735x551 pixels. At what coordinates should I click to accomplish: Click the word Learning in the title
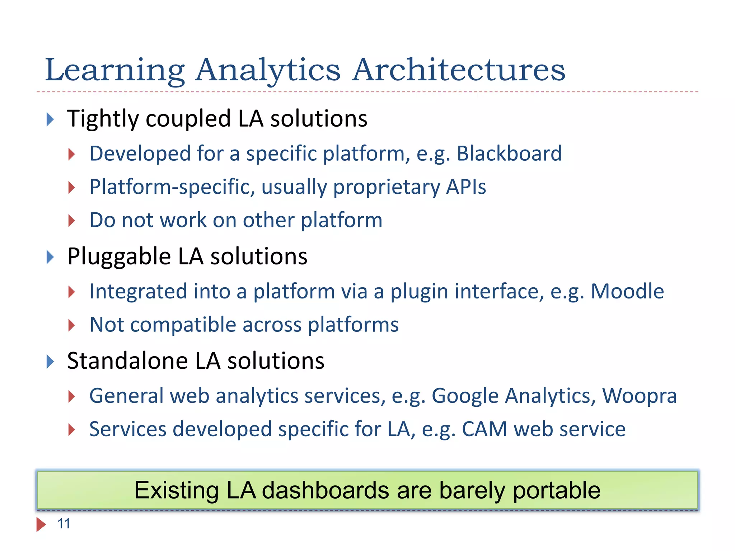pos(115,70)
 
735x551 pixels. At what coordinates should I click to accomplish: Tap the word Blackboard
pos(509,154)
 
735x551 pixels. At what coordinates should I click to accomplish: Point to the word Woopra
pos(639,396)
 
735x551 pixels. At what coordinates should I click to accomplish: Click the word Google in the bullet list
pos(465,396)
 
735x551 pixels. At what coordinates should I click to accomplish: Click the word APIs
pos(466,187)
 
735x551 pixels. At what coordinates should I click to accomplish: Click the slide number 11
pos(64,524)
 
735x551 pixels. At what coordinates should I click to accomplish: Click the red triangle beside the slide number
pos(41,524)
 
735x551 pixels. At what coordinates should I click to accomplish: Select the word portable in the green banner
pos(556,491)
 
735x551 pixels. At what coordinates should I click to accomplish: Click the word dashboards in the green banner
pos(325,490)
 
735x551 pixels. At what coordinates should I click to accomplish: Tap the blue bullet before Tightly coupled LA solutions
pos(50,119)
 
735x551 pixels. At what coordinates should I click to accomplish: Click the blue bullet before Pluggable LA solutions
pos(50,257)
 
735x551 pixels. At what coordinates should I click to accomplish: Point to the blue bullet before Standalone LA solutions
pos(50,361)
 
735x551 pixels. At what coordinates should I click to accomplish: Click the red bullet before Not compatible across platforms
pos(72,325)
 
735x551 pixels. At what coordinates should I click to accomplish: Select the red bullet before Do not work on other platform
pos(72,220)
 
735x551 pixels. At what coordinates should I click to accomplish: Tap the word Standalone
pos(127,361)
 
